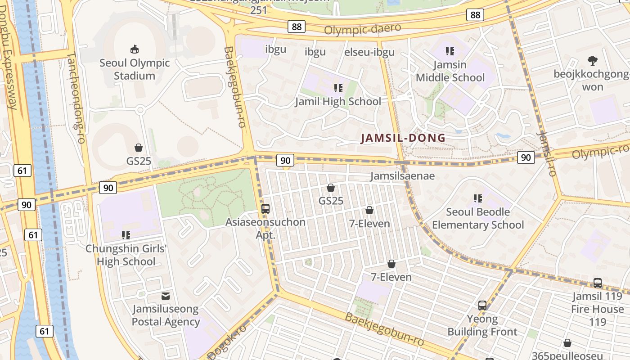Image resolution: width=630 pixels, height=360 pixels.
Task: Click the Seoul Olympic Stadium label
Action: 135,69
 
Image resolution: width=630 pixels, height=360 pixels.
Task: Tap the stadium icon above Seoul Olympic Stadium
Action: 134,49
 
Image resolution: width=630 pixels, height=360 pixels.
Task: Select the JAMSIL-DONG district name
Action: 403,138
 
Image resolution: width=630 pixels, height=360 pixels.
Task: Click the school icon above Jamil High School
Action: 338,88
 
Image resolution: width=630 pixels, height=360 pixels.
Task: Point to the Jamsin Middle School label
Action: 450,71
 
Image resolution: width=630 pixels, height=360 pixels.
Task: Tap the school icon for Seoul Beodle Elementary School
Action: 478,198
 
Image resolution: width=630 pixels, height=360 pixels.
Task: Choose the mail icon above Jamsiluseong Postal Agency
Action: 166,296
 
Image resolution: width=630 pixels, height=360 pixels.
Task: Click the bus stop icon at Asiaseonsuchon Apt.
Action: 265,208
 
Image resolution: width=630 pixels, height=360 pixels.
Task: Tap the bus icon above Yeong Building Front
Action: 482,306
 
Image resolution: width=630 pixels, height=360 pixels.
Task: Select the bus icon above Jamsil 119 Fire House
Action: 598,283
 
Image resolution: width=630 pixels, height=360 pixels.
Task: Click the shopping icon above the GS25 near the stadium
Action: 139,148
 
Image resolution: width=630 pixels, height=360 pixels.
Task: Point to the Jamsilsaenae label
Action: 402,175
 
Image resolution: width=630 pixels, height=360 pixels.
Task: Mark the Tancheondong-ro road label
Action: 76,98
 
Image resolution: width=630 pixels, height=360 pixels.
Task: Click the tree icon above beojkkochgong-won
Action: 592,60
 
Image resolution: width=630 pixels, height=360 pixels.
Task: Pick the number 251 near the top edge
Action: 259,9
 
